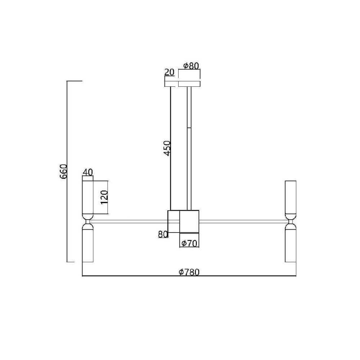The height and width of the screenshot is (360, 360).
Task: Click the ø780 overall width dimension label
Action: [189, 272]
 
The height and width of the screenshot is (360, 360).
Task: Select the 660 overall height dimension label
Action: [63, 171]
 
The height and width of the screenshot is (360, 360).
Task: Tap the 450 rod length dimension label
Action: [167, 148]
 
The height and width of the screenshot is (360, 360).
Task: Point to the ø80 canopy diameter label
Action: [191, 66]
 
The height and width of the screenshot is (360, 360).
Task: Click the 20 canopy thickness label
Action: [170, 72]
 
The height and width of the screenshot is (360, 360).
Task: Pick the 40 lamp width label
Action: [88, 172]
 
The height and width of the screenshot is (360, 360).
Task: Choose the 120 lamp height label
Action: [104, 197]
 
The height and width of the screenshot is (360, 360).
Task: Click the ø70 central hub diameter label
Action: [189, 243]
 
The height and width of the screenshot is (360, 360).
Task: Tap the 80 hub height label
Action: [163, 234]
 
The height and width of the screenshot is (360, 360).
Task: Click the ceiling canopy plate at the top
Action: [189, 84]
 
